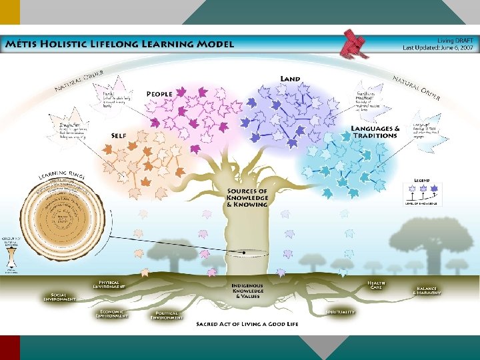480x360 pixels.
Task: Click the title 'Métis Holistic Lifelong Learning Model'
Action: [x=119, y=45]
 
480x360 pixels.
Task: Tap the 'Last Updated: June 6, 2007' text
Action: [x=438, y=48]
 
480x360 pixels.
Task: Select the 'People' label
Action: [x=159, y=93]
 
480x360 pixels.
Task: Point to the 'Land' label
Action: [x=290, y=79]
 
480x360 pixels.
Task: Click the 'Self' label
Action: [x=119, y=135]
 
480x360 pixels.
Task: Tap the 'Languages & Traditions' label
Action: [x=375, y=131]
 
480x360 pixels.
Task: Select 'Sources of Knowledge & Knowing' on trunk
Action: [x=247, y=198]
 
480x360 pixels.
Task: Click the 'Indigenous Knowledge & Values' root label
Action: [x=247, y=291]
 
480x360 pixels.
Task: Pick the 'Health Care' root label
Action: [x=377, y=285]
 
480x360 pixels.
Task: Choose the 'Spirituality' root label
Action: [x=340, y=312]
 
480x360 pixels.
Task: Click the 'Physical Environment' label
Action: [x=109, y=285]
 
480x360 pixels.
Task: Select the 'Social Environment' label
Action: [x=59, y=297]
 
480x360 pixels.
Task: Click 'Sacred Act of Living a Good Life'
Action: [x=247, y=324]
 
